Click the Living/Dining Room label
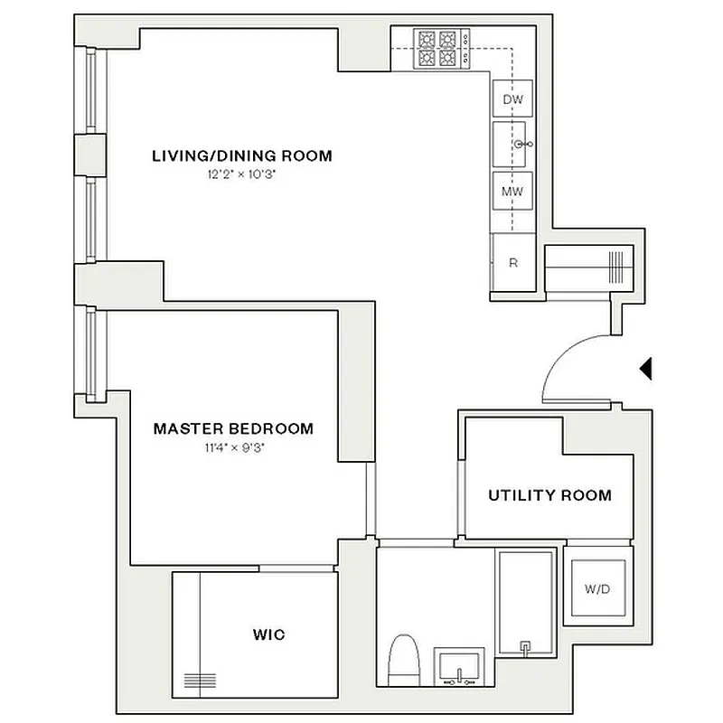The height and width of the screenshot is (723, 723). click(241, 155)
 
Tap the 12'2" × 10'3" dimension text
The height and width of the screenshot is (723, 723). click(241, 174)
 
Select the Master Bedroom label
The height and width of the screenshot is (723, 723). click(233, 428)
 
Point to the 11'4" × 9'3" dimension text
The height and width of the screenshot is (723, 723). click(233, 446)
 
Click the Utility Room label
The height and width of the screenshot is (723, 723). click(549, 495)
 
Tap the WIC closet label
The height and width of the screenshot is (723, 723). click(268, 634)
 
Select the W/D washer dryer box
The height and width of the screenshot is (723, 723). click(596, 589)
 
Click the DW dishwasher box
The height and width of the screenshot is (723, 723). click(512, 99)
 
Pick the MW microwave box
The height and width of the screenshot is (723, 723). click(512, 191)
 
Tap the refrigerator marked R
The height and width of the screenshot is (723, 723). click(512, 263)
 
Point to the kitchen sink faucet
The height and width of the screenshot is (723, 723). click(522, 145)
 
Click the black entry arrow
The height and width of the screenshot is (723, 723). click(645, 368)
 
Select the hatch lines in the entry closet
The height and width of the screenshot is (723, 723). click(616, 268)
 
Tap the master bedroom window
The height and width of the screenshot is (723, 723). click(90, 352)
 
